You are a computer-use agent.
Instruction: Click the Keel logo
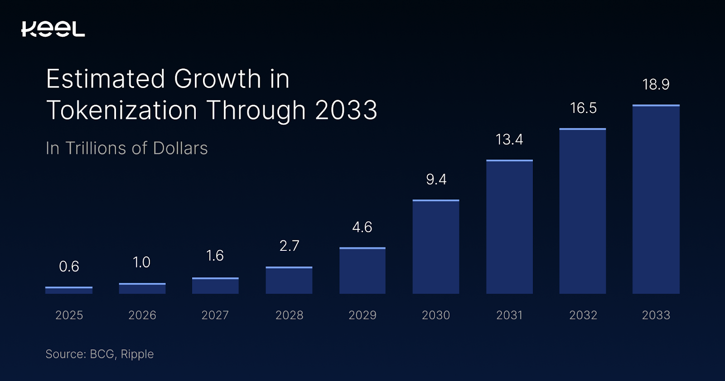click(x=53, y=29)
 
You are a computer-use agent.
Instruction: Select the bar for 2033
click(x=656, y=200)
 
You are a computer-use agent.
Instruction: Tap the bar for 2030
click(x=436, y=247)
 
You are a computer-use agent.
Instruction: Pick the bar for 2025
click(x=69, y=290)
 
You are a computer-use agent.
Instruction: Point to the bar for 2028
click(x=289, y=280)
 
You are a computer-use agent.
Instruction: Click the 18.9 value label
click(x=656, y=84)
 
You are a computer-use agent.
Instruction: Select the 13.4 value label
click(x=509, y=139)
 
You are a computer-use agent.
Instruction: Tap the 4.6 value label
click(x=362, y=227)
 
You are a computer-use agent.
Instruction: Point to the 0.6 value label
click(x=69, y=266)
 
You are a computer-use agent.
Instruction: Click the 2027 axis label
click(x=215, y=315)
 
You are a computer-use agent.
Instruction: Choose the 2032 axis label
click(x=583, y=315)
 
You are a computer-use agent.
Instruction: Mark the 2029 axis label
click(x=362, y=315)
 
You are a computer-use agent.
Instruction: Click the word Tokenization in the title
click(x=122, y=110)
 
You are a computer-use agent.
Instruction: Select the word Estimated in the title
click(x=105, y=79)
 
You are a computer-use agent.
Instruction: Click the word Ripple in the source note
click(x=137, y=354)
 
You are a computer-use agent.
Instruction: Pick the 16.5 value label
click(x=583, y=108)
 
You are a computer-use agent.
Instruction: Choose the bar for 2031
click(x=509, y=227)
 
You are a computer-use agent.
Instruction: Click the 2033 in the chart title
click(x=346, y=110)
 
